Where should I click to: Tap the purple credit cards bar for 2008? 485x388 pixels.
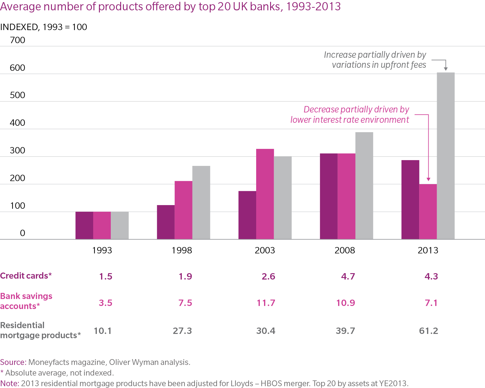tap(328, 196)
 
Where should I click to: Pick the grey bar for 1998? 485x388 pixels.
tap(201, 202)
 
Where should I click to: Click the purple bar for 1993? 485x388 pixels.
tap(84, 225)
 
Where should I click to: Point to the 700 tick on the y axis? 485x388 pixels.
tap(17, 40)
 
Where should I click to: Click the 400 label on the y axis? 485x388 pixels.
tap(17, 123)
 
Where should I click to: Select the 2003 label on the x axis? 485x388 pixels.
tap(265, 250)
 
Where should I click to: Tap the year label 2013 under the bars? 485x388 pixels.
tap(428, 250)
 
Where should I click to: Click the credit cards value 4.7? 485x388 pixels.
tap(348, 276)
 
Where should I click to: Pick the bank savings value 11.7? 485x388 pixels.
tap(266, 303)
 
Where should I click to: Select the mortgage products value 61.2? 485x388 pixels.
tap(429, 331)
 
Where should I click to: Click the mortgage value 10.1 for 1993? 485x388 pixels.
tap(103, 331)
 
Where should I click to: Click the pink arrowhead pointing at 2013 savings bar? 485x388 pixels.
tap(428, 179)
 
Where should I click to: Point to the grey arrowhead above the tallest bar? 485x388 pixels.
tap(446, 69)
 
